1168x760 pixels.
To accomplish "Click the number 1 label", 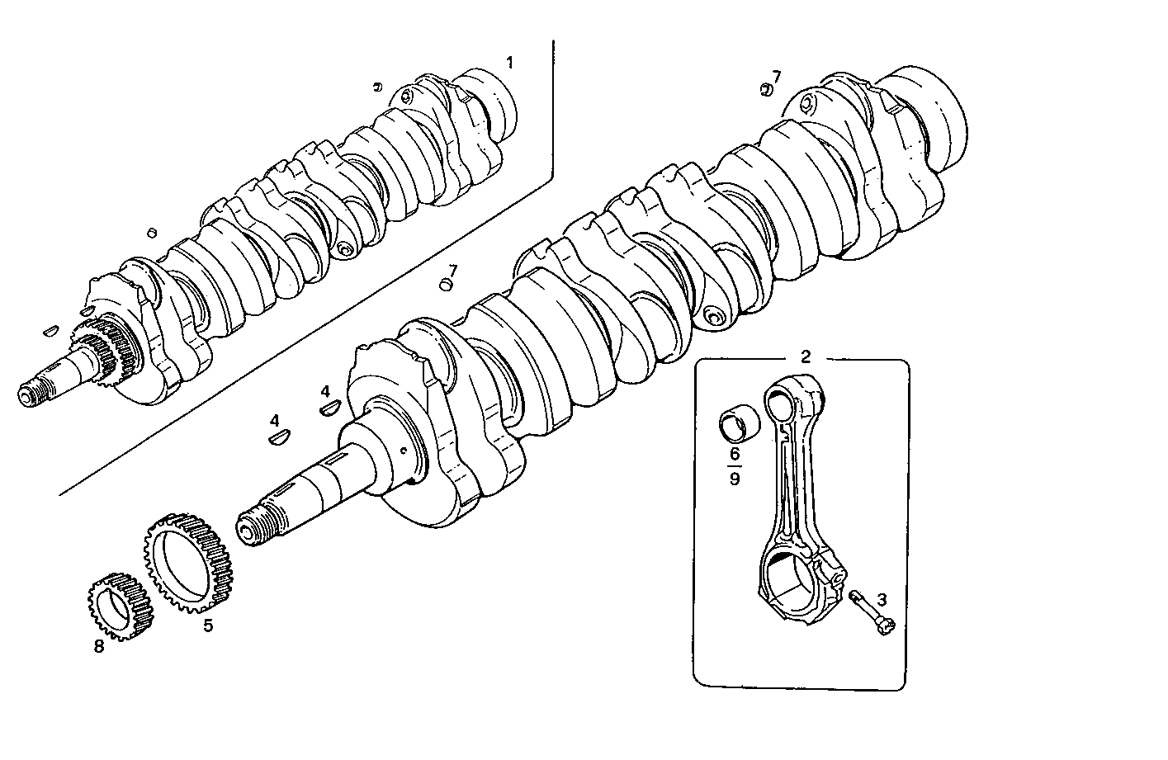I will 509,63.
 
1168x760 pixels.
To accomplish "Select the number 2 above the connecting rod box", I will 806,356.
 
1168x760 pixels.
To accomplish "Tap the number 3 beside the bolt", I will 882,599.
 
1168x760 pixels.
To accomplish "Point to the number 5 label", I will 208,625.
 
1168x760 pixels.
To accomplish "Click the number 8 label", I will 99,646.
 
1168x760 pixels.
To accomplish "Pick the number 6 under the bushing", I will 734,453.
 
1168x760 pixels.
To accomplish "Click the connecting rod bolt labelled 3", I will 870,615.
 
